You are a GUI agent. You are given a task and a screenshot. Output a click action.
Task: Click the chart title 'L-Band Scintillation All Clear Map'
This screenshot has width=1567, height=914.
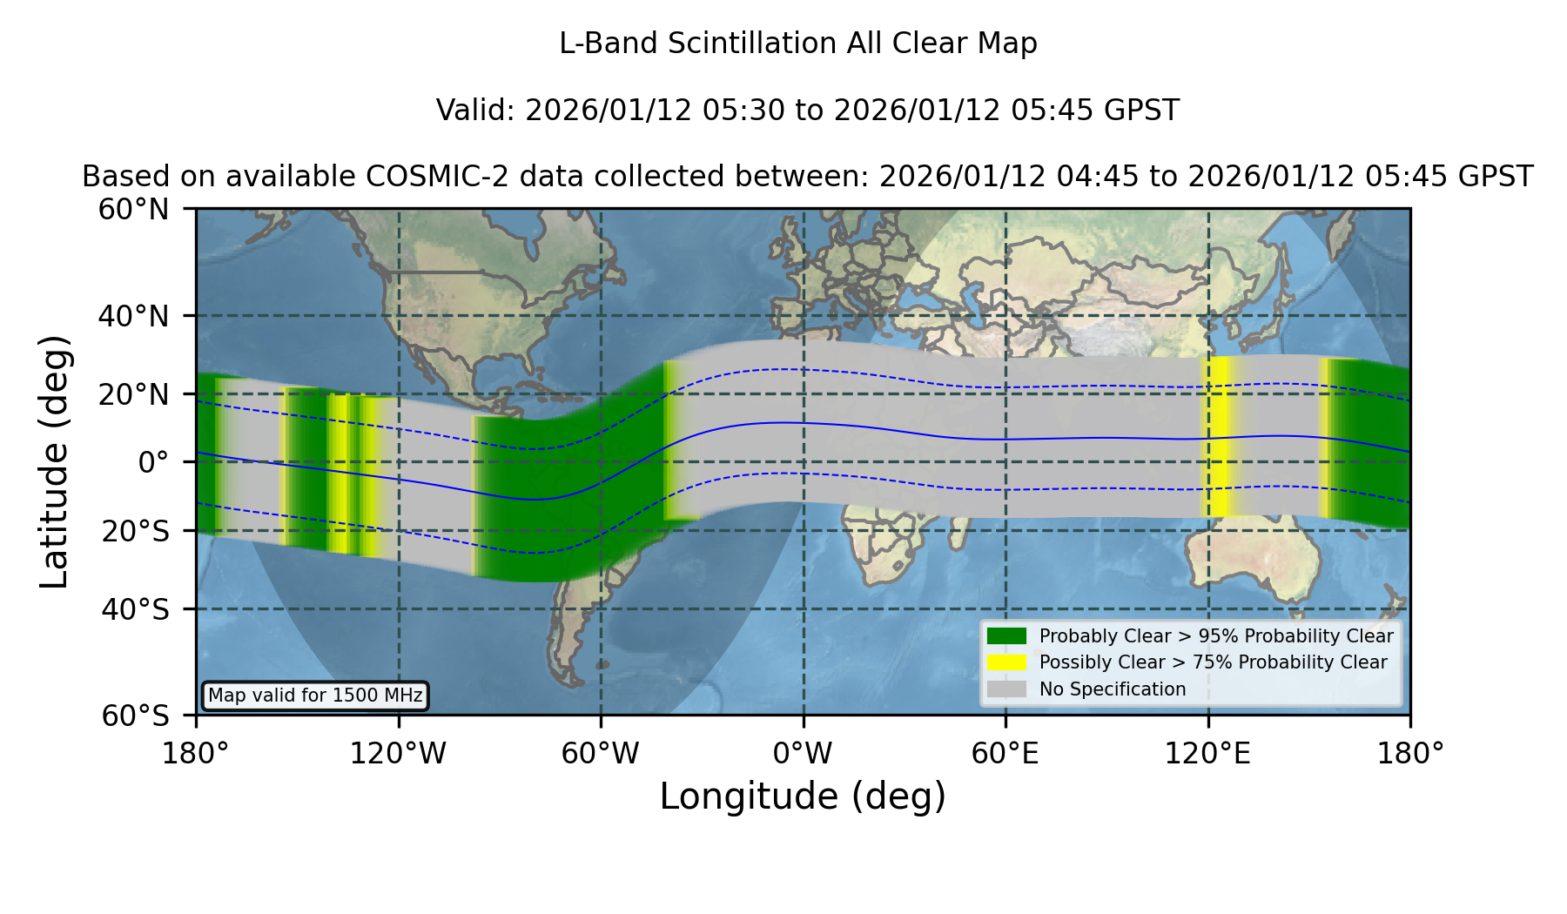click(x=798, y=44)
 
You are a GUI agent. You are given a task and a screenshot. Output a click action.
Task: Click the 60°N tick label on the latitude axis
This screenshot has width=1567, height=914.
click(x=134, y=210)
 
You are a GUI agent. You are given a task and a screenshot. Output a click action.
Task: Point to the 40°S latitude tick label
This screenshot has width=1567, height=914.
click(x=136, y=609)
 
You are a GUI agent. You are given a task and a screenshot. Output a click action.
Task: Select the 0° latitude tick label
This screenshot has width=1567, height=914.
click(x=154, y=462)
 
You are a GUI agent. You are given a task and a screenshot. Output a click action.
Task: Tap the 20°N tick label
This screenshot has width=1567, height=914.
click(x=134, y=394)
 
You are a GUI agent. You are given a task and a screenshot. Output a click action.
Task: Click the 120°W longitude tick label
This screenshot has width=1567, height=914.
click(x=398, y=753)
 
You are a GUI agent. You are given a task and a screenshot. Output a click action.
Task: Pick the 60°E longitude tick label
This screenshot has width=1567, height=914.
click(x=1005, y=753)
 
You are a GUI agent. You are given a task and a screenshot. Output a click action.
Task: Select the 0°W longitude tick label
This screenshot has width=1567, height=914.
click(x=803, y=753)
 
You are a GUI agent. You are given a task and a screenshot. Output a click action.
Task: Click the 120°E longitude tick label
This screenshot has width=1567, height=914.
click(x=1207, y=753)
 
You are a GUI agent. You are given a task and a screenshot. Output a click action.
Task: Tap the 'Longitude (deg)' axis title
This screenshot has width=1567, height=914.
click(x=803, y=796)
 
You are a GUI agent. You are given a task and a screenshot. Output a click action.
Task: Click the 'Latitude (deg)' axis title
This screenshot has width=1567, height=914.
click(x=55, y=461)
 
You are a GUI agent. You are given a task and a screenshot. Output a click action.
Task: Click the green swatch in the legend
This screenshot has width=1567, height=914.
click(x=1007, y=635)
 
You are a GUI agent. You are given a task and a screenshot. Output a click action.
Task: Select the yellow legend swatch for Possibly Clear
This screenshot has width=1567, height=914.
click(x=1007, y=662)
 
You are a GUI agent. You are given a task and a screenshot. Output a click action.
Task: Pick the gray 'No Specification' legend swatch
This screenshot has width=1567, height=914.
click(x=1007, y=689)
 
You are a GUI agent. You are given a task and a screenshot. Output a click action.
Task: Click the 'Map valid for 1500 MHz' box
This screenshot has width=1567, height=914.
click(x=315, y=696)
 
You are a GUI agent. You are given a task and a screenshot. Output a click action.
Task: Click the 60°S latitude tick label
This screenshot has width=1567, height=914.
click(x=136, y=716)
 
